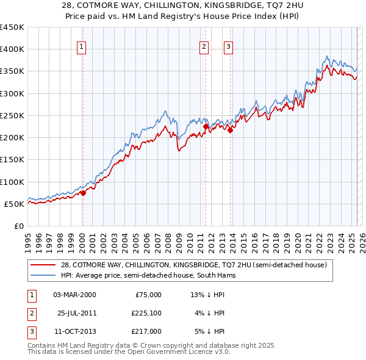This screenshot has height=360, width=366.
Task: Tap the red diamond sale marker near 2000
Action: coord(83,193)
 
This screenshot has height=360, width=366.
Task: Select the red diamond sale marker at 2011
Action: coord(206,126)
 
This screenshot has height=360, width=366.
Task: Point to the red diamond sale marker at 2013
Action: coord(230,130)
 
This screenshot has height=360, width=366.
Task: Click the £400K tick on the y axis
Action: coord(12,49)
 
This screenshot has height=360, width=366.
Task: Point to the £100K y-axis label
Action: coord(12,182)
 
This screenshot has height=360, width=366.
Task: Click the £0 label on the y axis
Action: coord(18,226)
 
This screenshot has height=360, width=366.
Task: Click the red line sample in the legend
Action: coord(43,265)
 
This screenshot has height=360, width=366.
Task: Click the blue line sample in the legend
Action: coord(43,275)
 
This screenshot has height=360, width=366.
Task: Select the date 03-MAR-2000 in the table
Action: coord(74,295)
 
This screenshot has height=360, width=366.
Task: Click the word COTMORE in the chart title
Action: coord(117,5)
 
